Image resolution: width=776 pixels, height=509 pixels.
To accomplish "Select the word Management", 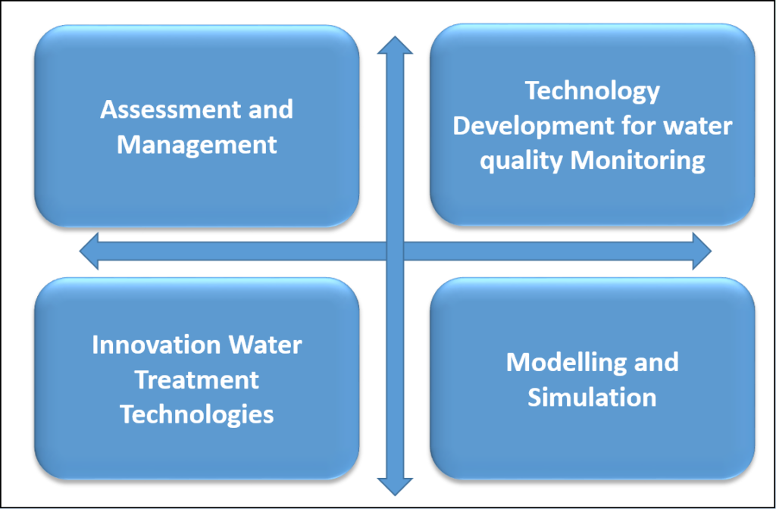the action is tap(197, 145).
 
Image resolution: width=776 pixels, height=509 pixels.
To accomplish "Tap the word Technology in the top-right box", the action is tap(592, 92).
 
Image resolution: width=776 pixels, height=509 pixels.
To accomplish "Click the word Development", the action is tap(528, 127).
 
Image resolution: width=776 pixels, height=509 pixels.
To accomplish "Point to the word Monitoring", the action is tap(637, 161).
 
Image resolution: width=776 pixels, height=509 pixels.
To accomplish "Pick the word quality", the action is tap(521, 162).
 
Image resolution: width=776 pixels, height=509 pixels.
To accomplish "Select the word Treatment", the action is tap(197, 380).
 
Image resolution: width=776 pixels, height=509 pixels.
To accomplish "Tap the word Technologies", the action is tap(197, 414).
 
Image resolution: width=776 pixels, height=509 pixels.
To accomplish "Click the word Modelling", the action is tap(562, 363).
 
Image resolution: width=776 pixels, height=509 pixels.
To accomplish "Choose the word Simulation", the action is tap(592, 397).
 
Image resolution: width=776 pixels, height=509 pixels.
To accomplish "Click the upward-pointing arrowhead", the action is tap(395, 45).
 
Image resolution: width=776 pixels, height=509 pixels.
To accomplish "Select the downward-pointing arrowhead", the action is tap(395, 487).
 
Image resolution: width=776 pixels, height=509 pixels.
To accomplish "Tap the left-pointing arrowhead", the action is tap(89, 251).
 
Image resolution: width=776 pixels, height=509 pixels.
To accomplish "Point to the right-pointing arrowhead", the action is tap(702, 251).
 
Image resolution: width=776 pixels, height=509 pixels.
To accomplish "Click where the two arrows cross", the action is tap(395, 251).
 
